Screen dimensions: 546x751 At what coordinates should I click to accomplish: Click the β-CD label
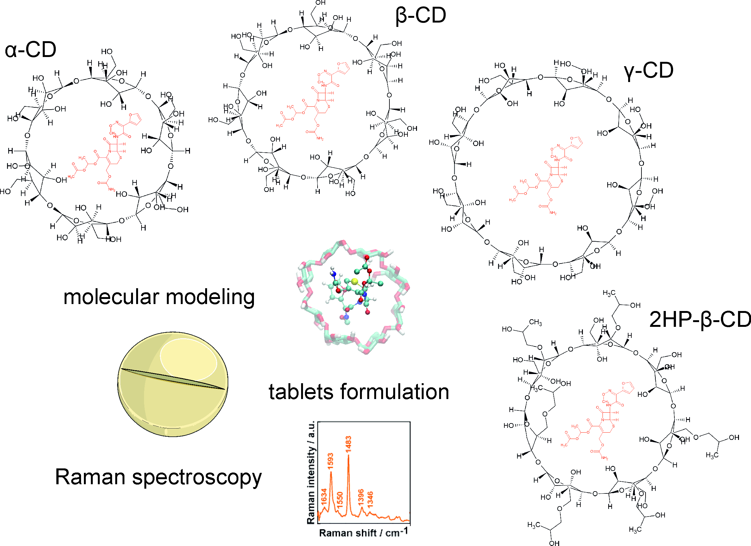421,16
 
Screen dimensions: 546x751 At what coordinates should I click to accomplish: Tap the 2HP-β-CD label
699,320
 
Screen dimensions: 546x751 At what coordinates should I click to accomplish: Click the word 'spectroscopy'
197,478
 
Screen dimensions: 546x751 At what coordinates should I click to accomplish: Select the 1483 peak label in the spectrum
348,444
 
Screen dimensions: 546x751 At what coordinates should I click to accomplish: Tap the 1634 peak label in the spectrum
324,496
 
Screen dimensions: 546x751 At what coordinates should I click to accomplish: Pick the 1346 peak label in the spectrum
370,499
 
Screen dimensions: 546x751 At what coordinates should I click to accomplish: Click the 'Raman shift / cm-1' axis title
363,532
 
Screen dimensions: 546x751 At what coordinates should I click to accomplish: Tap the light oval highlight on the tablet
188,359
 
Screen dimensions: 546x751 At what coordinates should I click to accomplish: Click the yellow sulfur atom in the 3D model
355,282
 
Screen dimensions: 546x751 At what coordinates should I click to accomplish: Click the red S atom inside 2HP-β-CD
613,426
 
